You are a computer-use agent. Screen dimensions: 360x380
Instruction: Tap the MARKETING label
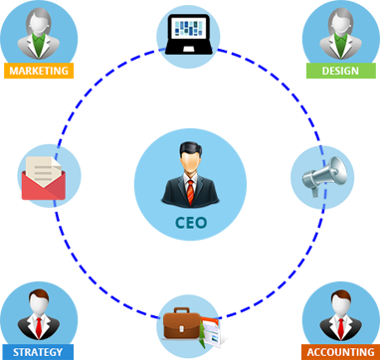[x=38, y=72]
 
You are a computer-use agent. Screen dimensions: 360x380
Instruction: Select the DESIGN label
[x=339, y=72]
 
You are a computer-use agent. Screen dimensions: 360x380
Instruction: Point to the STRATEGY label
[x=38, y=352]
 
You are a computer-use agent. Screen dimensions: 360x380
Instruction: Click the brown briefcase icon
[x=183, y=325]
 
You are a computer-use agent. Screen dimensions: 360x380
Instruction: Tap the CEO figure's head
[x=189, y=156]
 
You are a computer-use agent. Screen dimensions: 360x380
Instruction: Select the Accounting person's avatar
[x=339, y=314]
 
